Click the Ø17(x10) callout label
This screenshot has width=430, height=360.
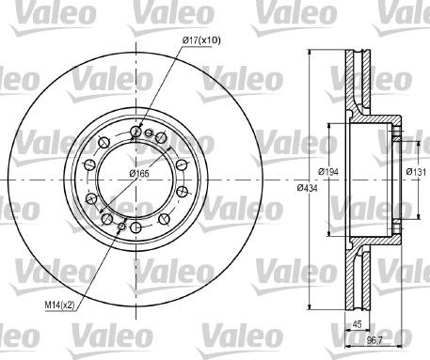pos(201,40)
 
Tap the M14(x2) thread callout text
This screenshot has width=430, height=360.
pos(59,305)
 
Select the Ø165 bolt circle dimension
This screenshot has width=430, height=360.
pos(139,173)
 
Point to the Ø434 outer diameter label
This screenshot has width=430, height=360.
pos(308,188)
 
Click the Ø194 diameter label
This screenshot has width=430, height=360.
pos(328,171)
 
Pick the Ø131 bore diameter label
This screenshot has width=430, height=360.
pos(416,171)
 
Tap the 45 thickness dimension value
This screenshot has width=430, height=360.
pos(357,324)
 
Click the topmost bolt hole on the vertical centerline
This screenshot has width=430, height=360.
pos(135,132)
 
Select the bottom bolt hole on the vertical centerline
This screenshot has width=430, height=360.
pos(135,227)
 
